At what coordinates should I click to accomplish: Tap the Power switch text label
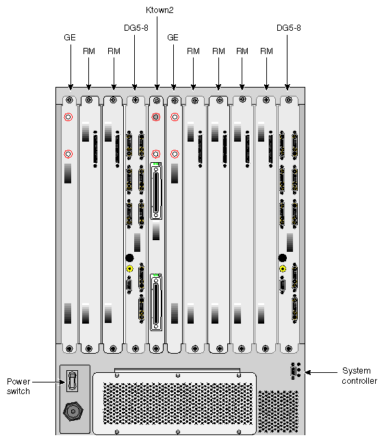pyautogui.click(x=18, y=386)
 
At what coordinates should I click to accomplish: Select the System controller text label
pyautogui.click(x=359, y=376)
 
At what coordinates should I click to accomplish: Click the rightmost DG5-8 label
pyautogui.click(x=288, y=28)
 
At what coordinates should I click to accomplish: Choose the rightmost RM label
pyautogui.click(x=266, y=51)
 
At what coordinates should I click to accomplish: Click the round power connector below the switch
pyautogui.click(x=73, y=411)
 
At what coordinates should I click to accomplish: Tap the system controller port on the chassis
pyautogui.click(x=294, y=372)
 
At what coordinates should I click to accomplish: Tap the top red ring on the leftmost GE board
pyautogui.click(x=68, y=118)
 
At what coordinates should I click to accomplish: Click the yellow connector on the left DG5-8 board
pyautogui.click(x=129, y=269)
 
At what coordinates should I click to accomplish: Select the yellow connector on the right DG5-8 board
pyautogui.click(x=282, y=269)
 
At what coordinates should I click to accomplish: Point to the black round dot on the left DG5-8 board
pyautogui.click(x=129, y=257)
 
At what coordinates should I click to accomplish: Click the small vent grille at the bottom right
pyautogui.click(x=279, y=411)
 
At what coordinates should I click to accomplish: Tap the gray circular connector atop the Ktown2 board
pyautogui.click(x=156, y=118)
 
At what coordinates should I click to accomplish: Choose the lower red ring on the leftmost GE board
pyautogui.click(x=68, y=154)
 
